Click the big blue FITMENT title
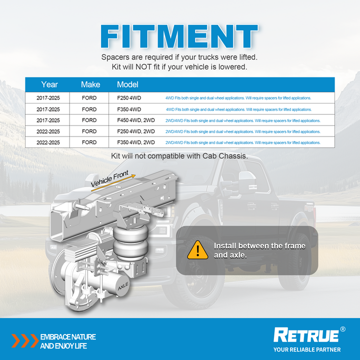(179, 36)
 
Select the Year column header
(49, 84)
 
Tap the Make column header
(90, 84)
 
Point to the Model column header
(127, 84)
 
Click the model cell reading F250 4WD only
(129, 98)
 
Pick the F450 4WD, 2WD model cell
(136, 120)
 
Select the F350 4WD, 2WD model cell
(136, 142)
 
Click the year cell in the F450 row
(48, 120)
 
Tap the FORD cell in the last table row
(89, 142)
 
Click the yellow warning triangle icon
(197, 250)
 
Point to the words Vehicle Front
(109, 179)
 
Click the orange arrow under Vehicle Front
(113, 183)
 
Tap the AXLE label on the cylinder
(123, 286)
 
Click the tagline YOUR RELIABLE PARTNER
(307, 349)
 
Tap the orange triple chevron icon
(25, 340)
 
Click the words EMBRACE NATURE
(68, 337)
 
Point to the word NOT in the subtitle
(143, 67)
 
